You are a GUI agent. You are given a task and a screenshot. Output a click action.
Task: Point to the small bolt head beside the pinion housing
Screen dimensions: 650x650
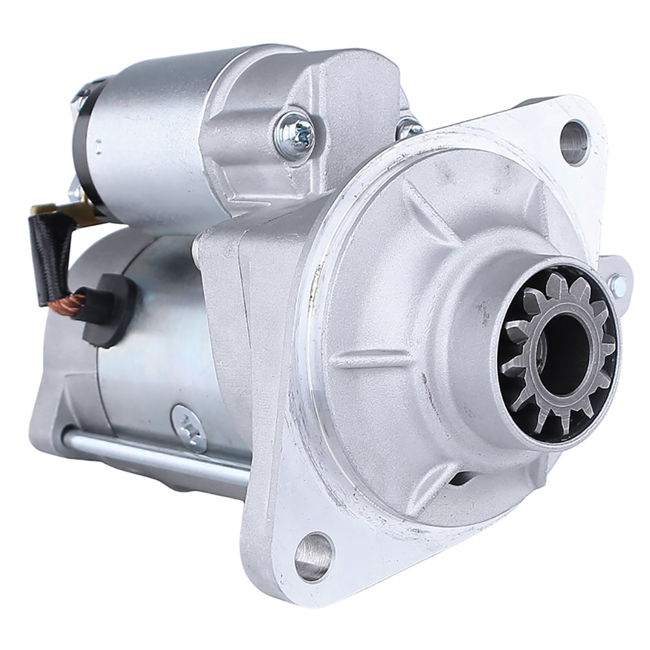pyautogui.click(x=618, y=282)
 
